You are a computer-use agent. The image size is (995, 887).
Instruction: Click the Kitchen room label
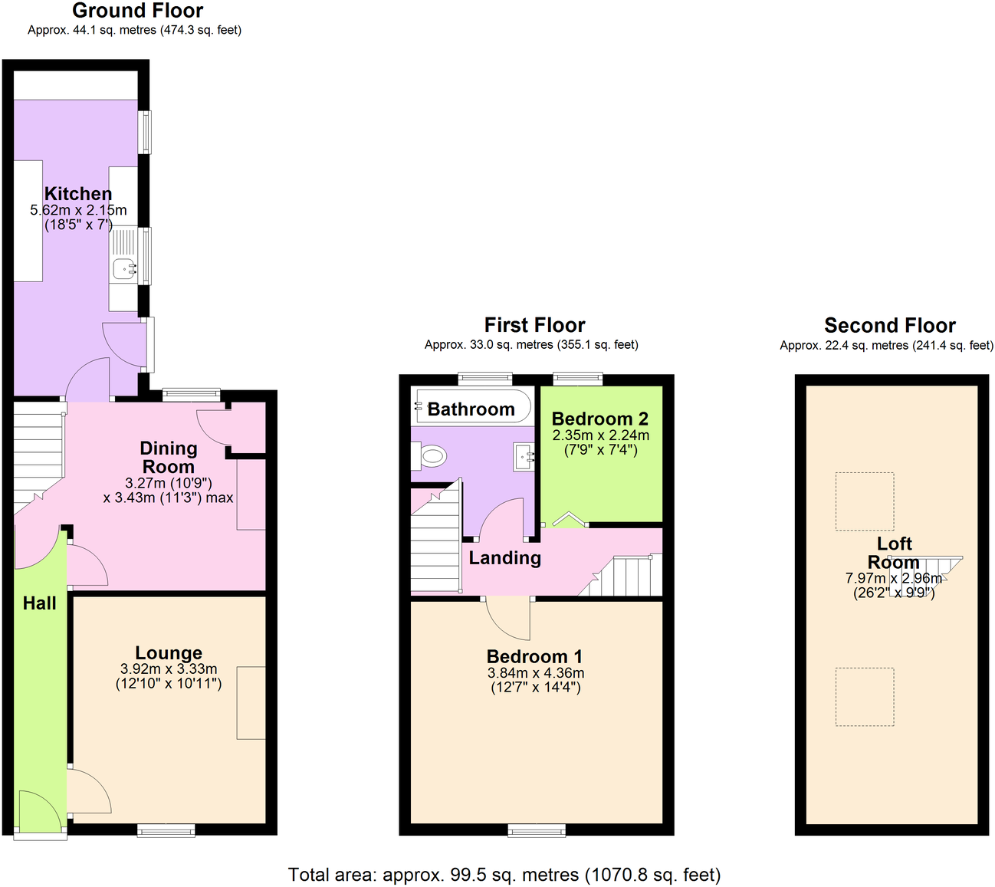tap(78, 194)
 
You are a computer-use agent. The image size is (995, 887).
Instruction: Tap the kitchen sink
tap(124, 268)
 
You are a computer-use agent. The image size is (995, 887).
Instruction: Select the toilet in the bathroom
tap(429, 457)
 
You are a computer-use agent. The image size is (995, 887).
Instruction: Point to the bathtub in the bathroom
tap(472, 406)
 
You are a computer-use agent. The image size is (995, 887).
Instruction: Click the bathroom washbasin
tap(525, 457)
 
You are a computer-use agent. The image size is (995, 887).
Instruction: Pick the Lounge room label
tap(169, 653)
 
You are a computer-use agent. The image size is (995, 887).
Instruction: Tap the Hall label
tap(40, 603)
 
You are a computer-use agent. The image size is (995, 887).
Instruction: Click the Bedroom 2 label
tap(600, 419)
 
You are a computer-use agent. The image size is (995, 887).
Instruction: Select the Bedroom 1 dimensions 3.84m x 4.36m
tap(536, 673)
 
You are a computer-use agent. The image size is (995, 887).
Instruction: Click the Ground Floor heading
tap(138, 11)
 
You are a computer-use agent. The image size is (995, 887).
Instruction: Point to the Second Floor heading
tap(890, 325)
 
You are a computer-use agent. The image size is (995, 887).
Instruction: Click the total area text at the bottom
tap(504, 875)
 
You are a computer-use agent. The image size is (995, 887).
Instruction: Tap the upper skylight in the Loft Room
tap(865, 501)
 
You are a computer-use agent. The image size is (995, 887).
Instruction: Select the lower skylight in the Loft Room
tap(865, 696)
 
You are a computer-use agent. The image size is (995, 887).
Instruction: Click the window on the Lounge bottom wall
tap(166, 830)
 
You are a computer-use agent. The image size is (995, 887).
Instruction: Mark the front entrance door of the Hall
tap(38, 813)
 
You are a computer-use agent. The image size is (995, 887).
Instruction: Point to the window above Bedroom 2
tap(578, 377)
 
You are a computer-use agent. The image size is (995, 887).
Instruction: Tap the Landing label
tap(505, 558)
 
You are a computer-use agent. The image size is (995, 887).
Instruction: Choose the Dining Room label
tap(169, 458)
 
